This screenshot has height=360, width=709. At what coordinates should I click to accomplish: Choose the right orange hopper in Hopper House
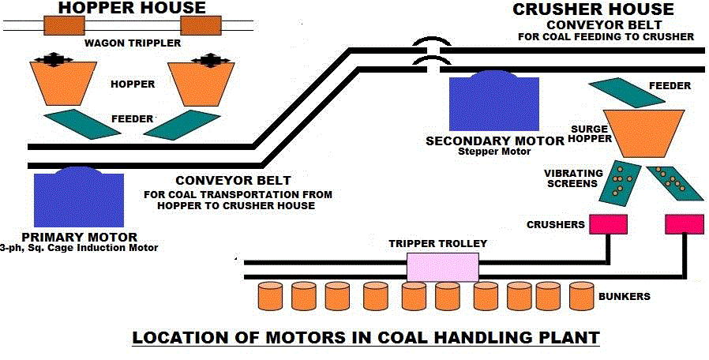[208, 84]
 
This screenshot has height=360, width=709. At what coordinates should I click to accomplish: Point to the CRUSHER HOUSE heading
[593, 9]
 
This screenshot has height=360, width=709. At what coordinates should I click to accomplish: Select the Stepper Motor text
[494, 152]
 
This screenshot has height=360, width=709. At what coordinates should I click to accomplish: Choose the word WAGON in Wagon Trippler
[103, 43]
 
